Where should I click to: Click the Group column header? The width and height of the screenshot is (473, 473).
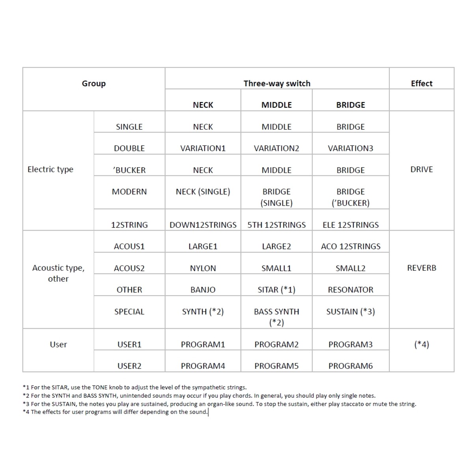(94, 84)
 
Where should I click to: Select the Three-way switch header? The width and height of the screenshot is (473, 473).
(277, 84)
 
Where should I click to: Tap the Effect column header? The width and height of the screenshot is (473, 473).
(421, 84)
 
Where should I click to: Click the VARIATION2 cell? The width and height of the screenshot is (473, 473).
(276, 149)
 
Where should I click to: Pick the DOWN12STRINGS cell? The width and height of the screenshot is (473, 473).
(203, 225)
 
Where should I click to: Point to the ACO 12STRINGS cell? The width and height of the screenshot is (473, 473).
(350, 247)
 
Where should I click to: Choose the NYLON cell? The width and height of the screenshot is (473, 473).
(203, 268)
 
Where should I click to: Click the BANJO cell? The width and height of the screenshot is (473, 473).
(203, 290)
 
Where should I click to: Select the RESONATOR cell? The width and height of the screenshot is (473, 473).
(350, 290)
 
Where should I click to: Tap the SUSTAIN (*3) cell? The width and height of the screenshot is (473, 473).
(350, 312)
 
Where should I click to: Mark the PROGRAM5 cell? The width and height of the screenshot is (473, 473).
(276, 366)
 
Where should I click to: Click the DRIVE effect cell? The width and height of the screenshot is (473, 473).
(421, 169)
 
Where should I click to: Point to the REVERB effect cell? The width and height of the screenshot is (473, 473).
(421, 268)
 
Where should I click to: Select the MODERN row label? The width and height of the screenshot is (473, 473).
(129, 192)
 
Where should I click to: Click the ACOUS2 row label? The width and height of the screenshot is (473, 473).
(129, 268)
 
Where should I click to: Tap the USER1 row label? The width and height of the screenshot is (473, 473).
(129, 345)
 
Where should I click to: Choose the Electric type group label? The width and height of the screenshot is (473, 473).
(50, 169)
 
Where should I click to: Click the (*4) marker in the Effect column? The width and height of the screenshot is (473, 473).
(421, 345)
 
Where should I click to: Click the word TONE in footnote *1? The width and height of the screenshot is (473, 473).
(99, 387)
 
